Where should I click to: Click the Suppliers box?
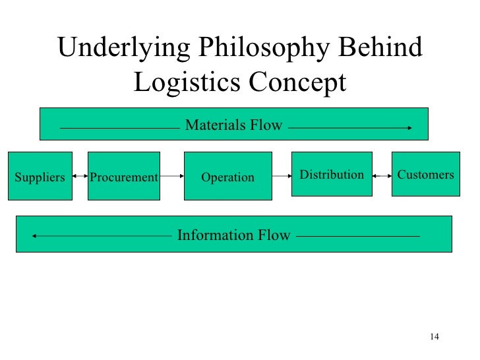tap(40, 176)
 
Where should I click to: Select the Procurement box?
tap(124, 176)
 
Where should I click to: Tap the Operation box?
tap(227, 176)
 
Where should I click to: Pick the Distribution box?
tap(332, 175)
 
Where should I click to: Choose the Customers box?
tap(425, 175)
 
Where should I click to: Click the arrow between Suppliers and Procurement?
tap(78, 176)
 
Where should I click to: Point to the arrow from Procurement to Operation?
tap(171, 176)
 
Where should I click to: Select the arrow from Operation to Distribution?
tap(282, 176)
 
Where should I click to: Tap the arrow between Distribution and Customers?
tap(382, 176)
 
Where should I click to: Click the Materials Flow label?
tap(233, 125)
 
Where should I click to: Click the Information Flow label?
tap(233, 235)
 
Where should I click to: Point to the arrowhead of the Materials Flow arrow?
tap(410, 128)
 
